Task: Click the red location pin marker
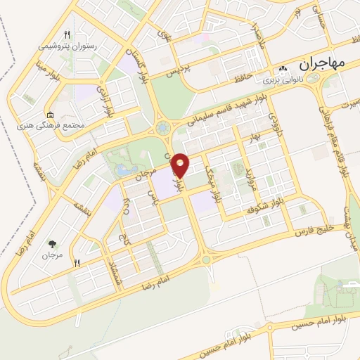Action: point(181,164)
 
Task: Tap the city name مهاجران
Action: point(323,63)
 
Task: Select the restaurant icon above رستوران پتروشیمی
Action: point(67,34)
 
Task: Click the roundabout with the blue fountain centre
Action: point(163,128)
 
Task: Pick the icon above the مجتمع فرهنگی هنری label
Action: point(49,115)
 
